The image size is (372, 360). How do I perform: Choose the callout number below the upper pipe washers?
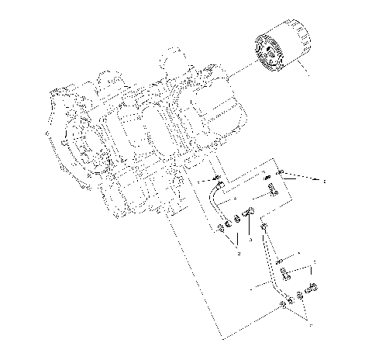pos(239,254)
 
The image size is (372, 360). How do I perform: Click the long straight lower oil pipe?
pos(272,259)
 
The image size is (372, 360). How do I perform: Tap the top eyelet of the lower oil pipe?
pos(265,226)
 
